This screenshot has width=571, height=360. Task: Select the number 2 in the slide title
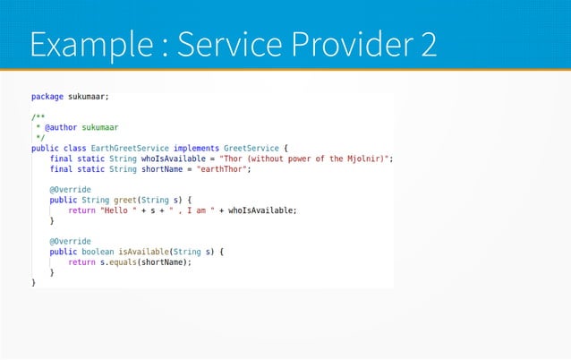(425, 45)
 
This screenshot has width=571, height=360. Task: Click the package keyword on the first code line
(47, 96)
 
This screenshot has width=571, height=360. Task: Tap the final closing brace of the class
(34, 283)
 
